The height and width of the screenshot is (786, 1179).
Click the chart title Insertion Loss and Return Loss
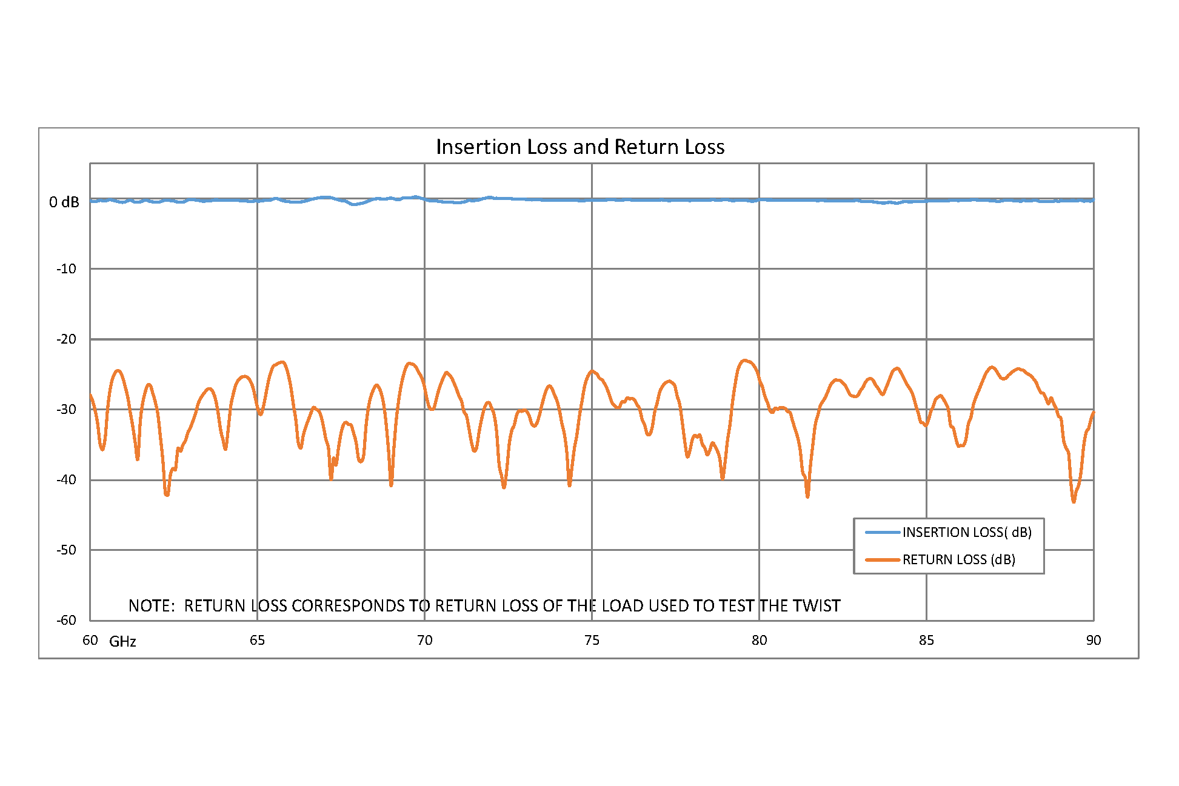(x=580, y=147)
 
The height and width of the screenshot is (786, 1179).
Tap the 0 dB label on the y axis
(x=64, y=202)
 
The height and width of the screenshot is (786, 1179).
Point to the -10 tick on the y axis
(x=66, y=269)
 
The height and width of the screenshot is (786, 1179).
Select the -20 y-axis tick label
(x=66, y=339)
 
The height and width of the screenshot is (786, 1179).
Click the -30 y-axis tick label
(x=66, y=410)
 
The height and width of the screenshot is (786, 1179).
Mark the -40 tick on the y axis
(x=66, y=480)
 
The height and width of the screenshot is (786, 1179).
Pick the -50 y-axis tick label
(x=66, y=550)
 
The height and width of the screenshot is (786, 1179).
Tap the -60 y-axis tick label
(x=66, y=621)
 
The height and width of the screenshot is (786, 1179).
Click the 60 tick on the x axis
(x=90, y=641)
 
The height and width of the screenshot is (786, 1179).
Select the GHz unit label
(x=122, y=642)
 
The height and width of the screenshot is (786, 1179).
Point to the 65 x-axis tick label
(x=257, y=641)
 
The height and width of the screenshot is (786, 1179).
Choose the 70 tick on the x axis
(x=424, y=641)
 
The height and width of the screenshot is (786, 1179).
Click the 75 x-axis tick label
(x=592, y=641)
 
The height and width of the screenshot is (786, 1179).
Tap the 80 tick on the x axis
(x=759, y=641)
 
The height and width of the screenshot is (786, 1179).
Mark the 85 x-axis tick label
(x=926, y=641)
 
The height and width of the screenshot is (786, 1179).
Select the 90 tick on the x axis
(x=1093, y=641)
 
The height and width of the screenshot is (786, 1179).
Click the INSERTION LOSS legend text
(x=967, y=533)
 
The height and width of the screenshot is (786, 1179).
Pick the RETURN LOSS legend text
(x=958, y=560)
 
